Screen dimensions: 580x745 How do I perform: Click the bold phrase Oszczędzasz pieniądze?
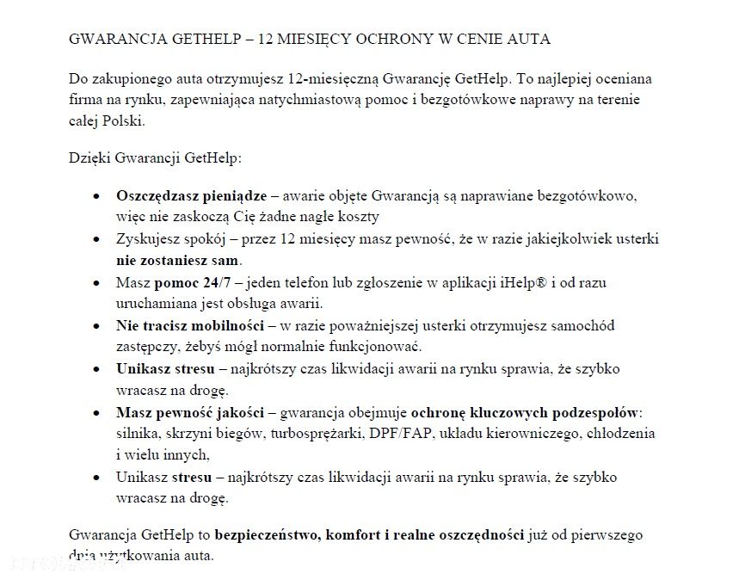tap(192, 196)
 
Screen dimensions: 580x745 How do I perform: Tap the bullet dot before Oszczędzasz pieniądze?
tap(97, 197)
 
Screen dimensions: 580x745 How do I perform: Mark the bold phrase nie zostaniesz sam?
tap(179, 259)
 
